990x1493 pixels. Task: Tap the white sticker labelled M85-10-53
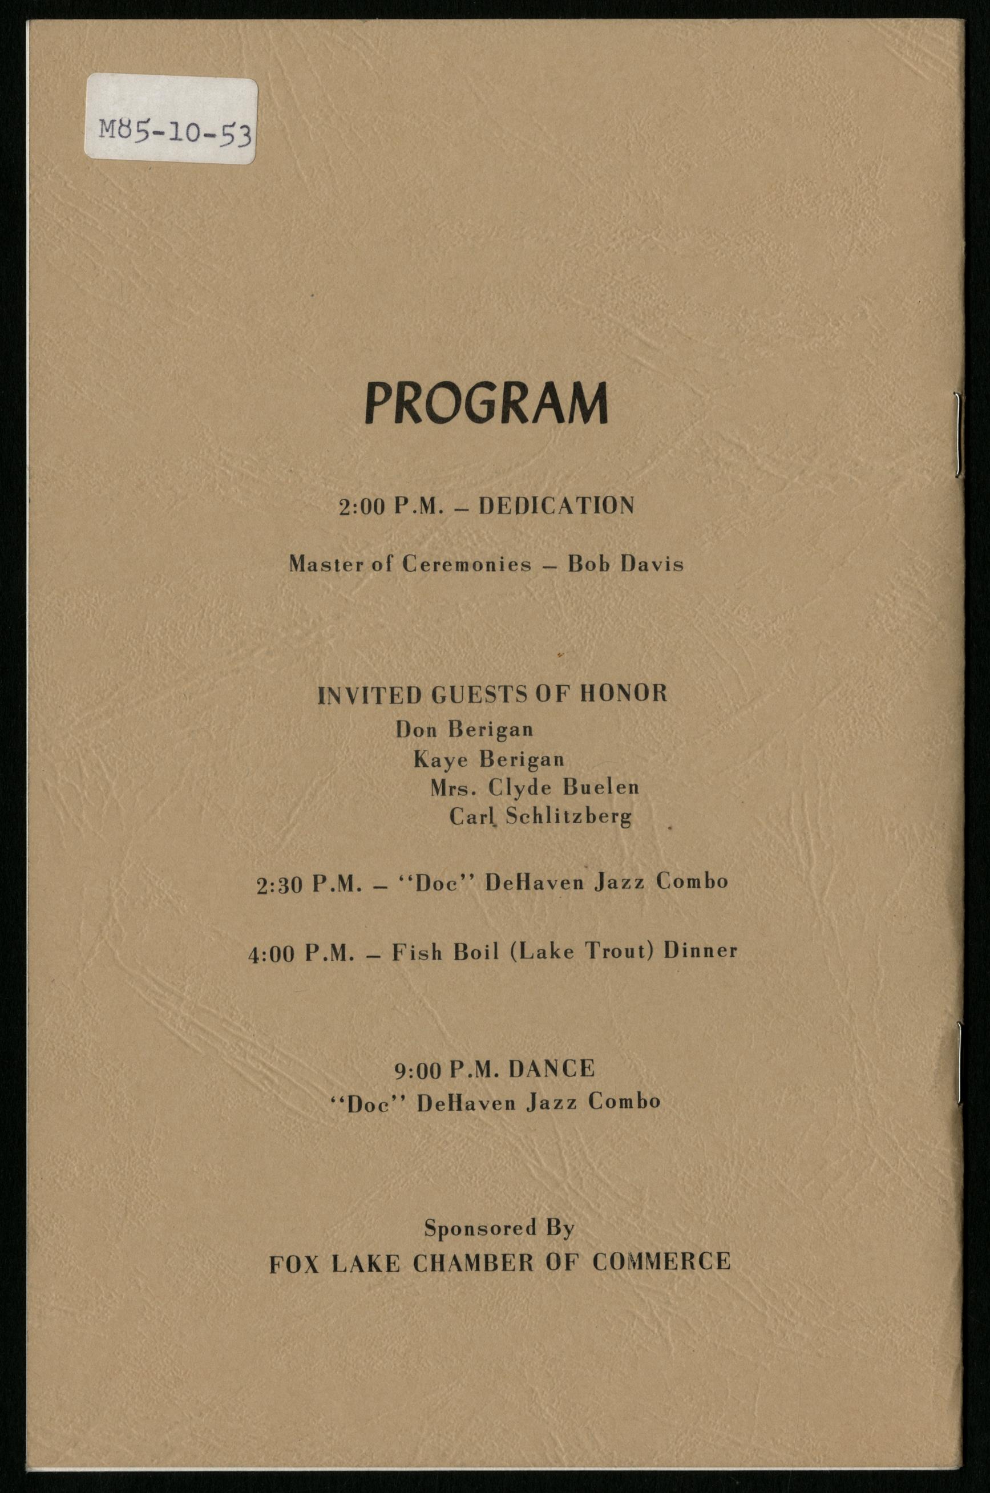(171, 118)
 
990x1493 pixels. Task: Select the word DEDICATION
(556, 506)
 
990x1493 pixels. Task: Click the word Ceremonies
(467, 564)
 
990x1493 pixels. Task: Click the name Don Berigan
(464, 730)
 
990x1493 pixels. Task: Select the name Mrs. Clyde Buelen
(535, 788)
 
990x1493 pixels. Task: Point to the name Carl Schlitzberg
(540, 817)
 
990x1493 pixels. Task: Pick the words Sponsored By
(499, 1228)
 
